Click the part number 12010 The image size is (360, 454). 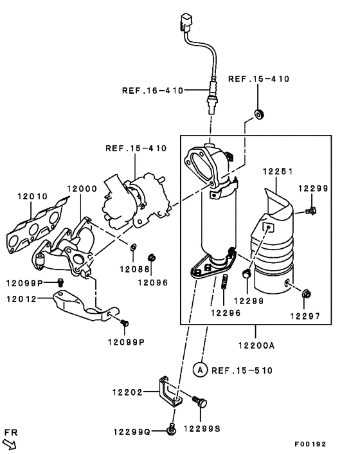click(x=33, y=195)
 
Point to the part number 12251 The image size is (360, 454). click(x=278, y=172)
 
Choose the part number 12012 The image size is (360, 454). click(x=23, y=298)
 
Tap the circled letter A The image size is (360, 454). click(x=200, y=370)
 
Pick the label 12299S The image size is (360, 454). click(x=203, y=426)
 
